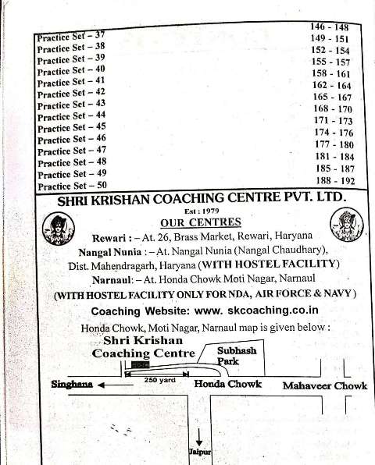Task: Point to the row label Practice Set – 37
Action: click(71, 37)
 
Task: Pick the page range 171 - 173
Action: click(333, 121)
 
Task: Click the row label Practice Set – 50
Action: click(72, 185)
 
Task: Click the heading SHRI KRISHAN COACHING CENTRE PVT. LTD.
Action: click(200, 200)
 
